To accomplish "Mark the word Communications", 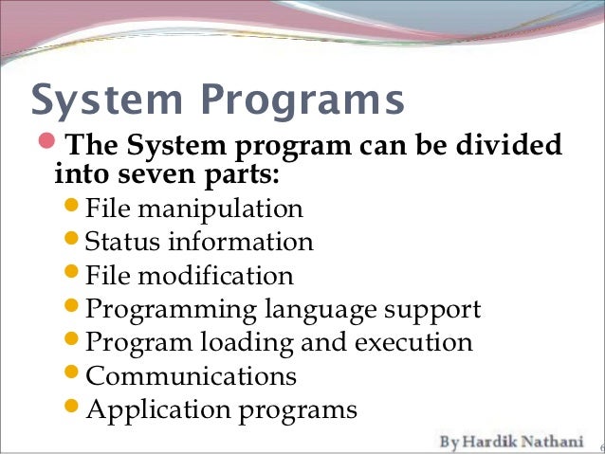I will pos(191,376).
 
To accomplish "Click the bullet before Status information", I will pos(75,242).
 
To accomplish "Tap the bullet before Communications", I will pos(75,376).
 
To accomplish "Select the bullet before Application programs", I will pos(75,409).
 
